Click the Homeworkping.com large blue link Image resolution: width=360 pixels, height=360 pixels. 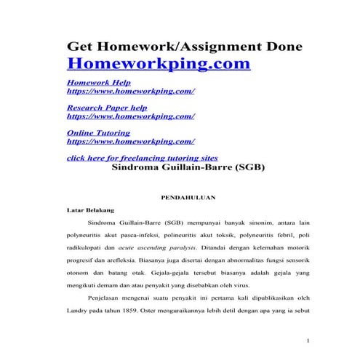(159, 64)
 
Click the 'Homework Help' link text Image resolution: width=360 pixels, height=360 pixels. (99, 84)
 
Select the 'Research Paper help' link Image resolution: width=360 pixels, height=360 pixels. (107, 108)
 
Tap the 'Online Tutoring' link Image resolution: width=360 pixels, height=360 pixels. (98, 134)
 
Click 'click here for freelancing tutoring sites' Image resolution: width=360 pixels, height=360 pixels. (142, 158)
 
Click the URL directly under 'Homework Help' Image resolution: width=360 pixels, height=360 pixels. (130, 93)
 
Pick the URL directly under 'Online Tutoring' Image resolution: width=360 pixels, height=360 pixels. (130, 143)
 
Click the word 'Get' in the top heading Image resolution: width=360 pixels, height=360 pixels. (80, 46)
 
